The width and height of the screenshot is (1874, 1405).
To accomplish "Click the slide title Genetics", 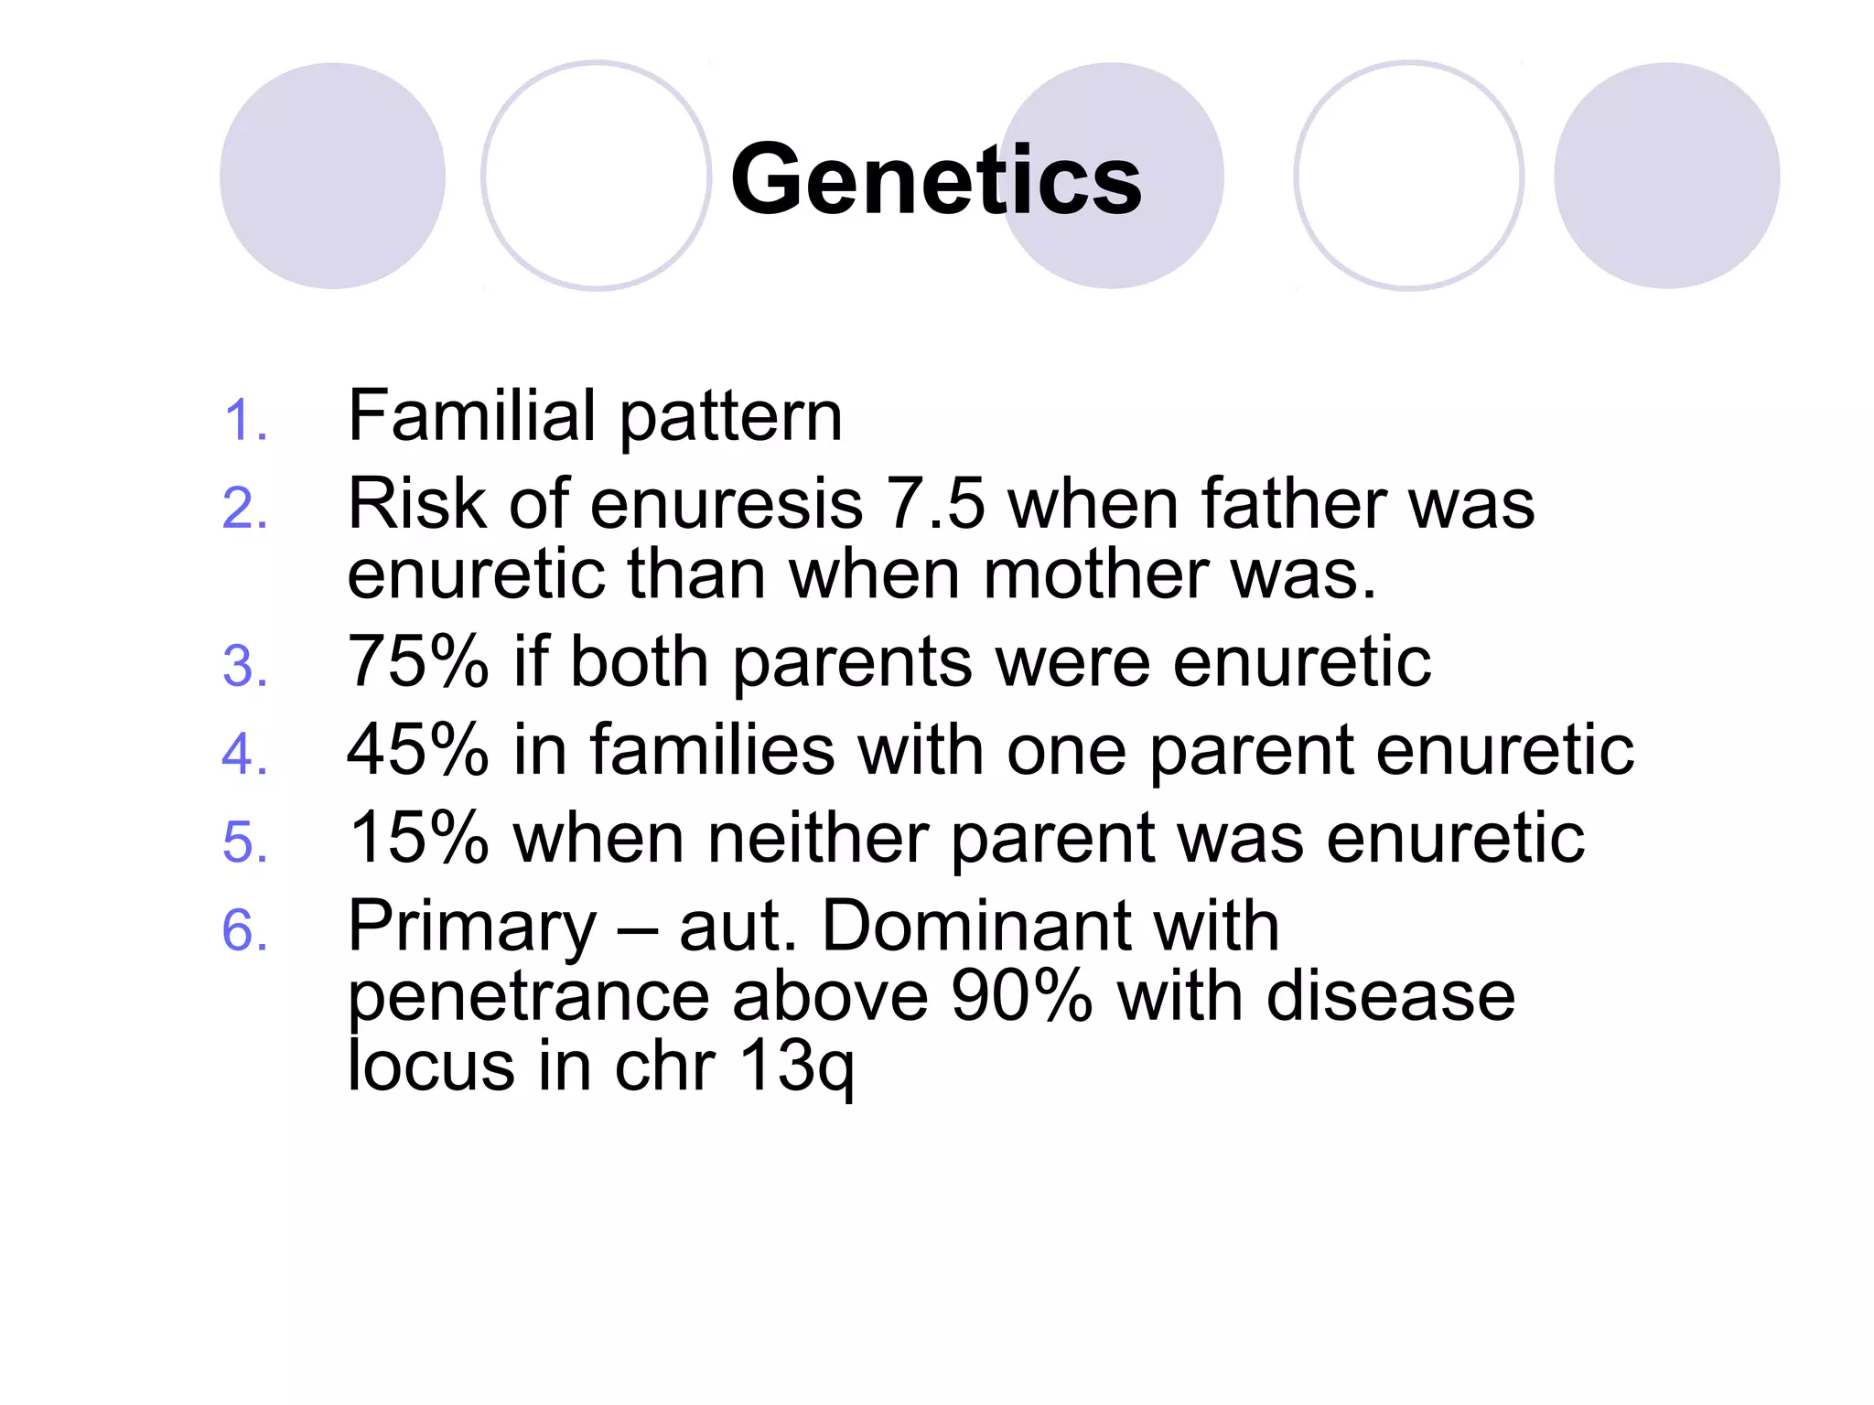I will point(935,180).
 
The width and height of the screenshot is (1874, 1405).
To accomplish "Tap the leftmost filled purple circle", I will point(332,176).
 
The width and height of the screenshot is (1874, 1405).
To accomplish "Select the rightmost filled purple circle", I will point(1666,176).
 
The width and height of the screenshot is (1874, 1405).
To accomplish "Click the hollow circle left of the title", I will point(597,176).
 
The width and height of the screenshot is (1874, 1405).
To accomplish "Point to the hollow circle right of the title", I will point(1408,176).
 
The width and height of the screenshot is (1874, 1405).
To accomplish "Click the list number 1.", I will point(244,421).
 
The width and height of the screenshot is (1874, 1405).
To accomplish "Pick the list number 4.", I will point(244,755).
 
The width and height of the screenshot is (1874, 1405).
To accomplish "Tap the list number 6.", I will point(244,930).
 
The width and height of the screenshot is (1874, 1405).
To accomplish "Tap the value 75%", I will point(418,661).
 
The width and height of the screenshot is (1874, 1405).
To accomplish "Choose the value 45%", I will point(418,749).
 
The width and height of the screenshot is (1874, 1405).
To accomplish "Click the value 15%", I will point(418,838).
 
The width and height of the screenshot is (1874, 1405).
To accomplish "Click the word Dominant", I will point(975,926).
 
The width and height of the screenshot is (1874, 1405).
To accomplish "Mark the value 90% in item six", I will point(1021,996).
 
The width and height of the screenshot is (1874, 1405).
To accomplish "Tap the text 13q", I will point(796,1067).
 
